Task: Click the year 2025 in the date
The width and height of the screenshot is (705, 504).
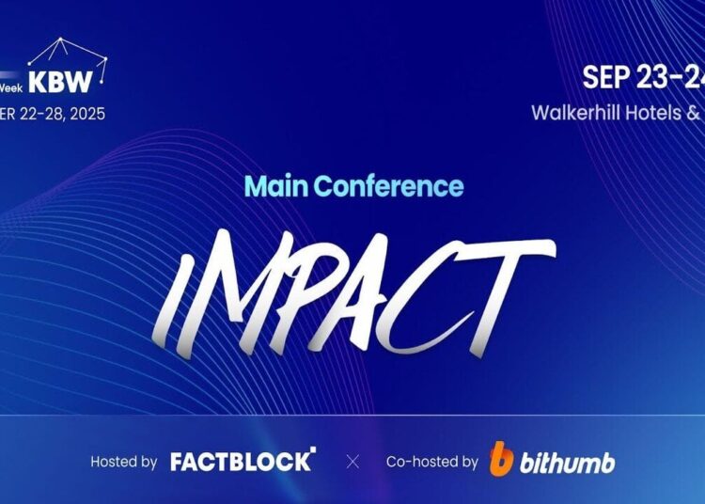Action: [x=86, y=114]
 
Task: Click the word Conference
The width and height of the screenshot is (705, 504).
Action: [x=387, y=185]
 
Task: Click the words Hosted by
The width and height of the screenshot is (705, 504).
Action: [x=123, y=462]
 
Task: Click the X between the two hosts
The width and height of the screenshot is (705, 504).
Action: [x=352, y=462]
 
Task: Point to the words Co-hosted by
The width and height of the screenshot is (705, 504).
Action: [x=432, y=462]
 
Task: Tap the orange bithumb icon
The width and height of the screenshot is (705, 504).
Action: [x=502, y=460]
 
